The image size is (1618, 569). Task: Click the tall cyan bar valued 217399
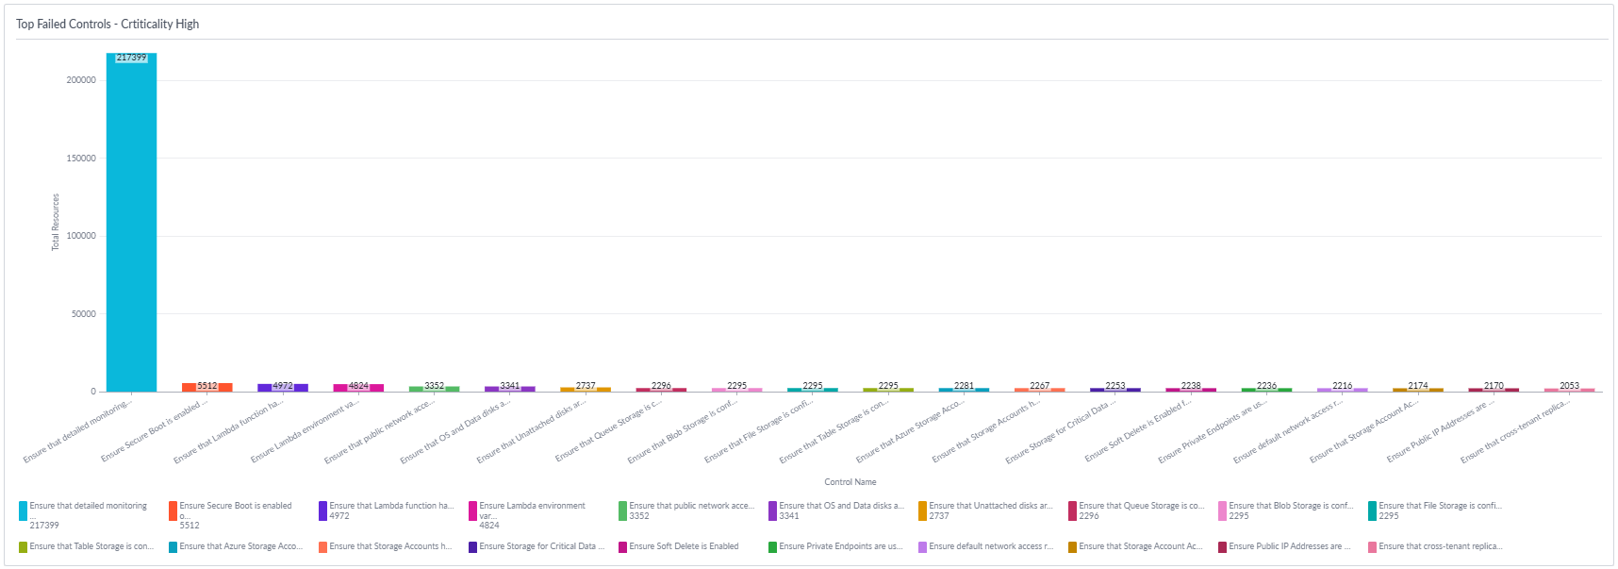click(131, 226)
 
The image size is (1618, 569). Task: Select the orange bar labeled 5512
click(206, 387)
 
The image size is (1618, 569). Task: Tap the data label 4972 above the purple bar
click(283, 385)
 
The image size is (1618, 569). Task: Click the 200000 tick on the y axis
click(81, 80)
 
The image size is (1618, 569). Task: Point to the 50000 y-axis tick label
click(84, 314)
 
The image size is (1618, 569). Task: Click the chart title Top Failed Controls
click(107, 24)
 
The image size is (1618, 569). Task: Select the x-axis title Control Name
click(850, 482)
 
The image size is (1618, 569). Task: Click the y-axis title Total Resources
click(55, 223)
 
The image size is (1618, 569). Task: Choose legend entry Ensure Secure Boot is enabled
click(235, 506)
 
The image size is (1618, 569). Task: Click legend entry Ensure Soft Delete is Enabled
click(684, 546)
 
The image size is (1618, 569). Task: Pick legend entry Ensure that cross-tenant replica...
click(1440, 546)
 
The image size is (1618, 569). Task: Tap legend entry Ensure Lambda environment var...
click(532, 506)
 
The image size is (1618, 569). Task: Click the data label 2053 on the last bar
click(1569, 385)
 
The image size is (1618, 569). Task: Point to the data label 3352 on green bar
click(434, 385)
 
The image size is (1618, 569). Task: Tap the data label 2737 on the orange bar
click(586, 385)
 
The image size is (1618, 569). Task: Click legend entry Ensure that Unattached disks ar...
click(990, 506)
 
